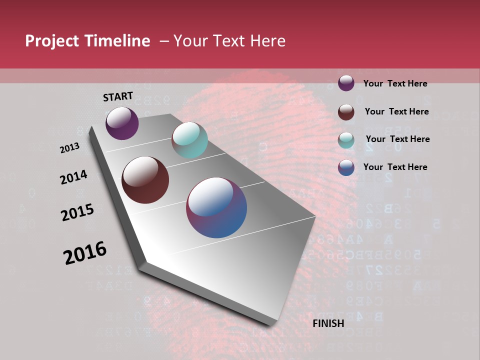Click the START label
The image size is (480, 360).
pos(118,96)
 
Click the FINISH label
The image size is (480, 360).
pos(328,323)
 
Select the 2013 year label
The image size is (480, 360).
pos(70,148)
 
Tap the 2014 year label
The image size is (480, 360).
pos(74,177)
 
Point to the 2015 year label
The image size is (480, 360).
pos(77,212)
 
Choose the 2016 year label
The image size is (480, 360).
pos(85,253)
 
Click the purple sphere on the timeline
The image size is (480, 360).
pos(122,123)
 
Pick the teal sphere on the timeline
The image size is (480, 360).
pos(189,140)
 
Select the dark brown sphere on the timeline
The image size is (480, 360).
pos(145,180)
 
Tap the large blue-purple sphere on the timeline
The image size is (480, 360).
pos(216,207)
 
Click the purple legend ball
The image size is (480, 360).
pos(346,83)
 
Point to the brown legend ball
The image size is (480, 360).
pos(346,111)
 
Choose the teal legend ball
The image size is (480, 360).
pos(346,139)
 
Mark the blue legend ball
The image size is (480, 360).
pos(346,167)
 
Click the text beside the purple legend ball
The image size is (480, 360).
pos(395,84)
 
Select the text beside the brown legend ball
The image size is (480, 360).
pos(396,111)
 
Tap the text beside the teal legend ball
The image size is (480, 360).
pos(397,139)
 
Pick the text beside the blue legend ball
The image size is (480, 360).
pos(395,167)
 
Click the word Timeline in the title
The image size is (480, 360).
pos(117,41)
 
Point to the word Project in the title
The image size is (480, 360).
pos(52,41)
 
